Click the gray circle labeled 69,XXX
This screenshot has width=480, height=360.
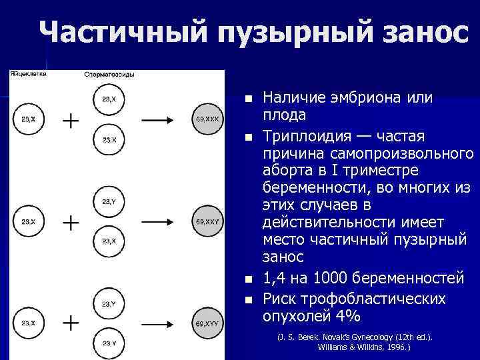point(207,119)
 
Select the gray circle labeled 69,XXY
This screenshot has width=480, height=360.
point(207,221)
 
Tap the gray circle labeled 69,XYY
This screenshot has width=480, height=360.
point(207,323)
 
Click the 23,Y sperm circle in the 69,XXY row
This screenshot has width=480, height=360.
point(109,201)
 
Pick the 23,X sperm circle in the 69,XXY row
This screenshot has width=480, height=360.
point(109,241)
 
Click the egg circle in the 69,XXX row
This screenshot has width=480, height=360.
point(29,120)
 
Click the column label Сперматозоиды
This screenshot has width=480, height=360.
point(109,75)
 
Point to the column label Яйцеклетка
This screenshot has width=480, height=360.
point(29,74)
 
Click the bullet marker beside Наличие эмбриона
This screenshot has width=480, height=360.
point(249,99)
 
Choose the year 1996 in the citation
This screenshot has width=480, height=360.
point(393,347)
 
